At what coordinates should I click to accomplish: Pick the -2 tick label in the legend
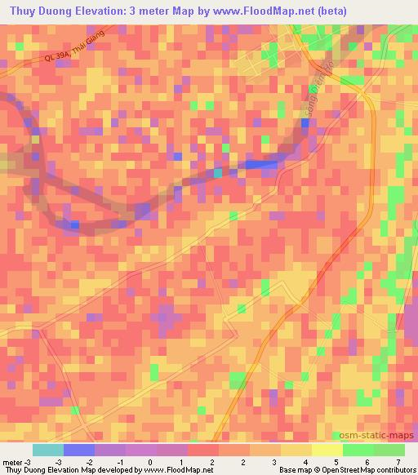(88, 463)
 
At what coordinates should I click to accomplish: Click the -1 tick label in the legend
(119, 463)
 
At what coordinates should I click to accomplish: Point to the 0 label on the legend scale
(150, 463)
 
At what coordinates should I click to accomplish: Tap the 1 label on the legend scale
(181, 463)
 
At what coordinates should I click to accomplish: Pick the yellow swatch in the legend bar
(327, 450)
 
